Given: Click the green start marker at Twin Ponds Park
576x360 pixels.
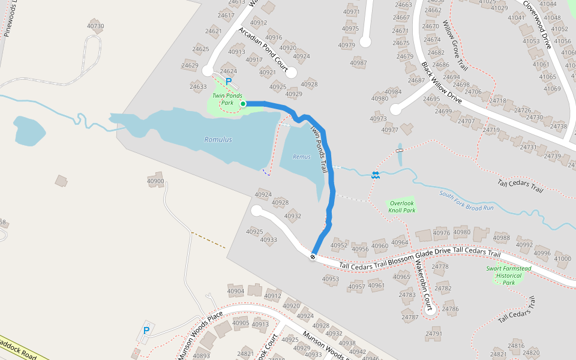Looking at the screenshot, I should (x=243, y=104).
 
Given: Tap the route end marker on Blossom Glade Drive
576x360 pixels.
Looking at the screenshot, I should (x=313, y=257).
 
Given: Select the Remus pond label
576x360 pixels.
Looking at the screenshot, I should (x=302, y=157).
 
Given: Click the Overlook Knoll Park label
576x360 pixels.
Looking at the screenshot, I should (x=401, y=206).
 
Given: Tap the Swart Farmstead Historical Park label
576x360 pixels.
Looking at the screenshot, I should (x=508, y=275).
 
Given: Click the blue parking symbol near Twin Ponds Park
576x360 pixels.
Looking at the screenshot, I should (x=229, y=81).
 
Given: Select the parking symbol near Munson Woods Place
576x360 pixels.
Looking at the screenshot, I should (x=146, y=331).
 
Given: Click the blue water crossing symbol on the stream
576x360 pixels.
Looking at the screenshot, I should (x=375, y=175).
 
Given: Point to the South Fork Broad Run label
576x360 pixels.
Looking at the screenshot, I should (x=466, y=200).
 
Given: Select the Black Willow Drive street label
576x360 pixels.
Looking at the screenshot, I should (x=441, y=82).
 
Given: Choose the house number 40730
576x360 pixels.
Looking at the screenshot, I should (x=95, y=26).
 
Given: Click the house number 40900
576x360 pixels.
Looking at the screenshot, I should (x=155, y=181).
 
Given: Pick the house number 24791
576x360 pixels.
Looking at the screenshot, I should (x=434, y=333).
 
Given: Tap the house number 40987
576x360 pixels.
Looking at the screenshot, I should (x=358, y=63).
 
